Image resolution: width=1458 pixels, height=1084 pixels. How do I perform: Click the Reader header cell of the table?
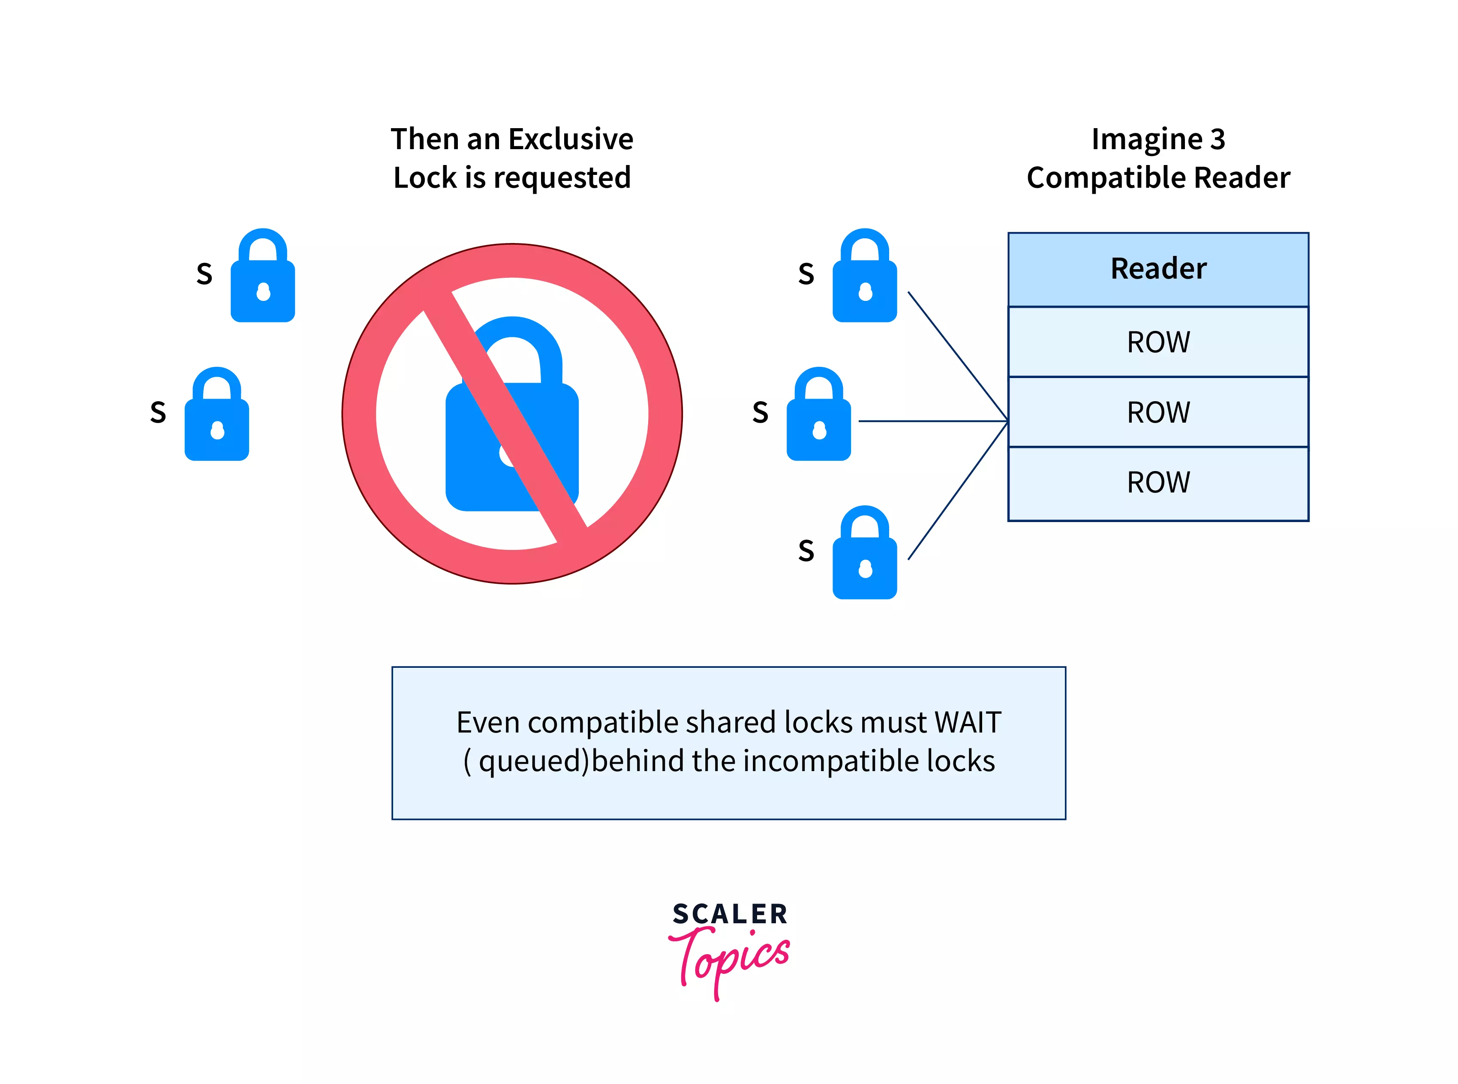click(1158, 270)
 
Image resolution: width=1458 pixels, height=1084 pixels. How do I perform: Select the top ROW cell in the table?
click(1158, 342)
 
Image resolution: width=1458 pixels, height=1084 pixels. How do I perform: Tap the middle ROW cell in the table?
click(1158, 412)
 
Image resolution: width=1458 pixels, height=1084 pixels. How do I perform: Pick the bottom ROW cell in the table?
click(1158, 483)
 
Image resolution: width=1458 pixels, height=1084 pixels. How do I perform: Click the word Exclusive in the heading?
click(571, 139)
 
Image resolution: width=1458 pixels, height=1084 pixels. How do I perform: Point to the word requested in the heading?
click(562, 178)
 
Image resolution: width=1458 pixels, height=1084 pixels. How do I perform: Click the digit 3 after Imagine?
click(1217, 139)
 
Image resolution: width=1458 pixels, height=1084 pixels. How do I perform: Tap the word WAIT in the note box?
click(968, 722)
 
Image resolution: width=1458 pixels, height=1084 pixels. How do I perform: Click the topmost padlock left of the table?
click(864, 276)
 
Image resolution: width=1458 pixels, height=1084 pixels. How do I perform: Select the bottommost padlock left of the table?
click(864, 553)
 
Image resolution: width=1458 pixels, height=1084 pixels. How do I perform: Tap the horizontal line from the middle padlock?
click(933, 420)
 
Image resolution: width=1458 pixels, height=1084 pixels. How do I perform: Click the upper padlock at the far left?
click(262, 276)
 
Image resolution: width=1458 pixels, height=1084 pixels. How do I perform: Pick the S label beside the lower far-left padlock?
click(158, 412)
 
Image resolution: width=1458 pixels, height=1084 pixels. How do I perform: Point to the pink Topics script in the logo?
click(728, 960)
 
